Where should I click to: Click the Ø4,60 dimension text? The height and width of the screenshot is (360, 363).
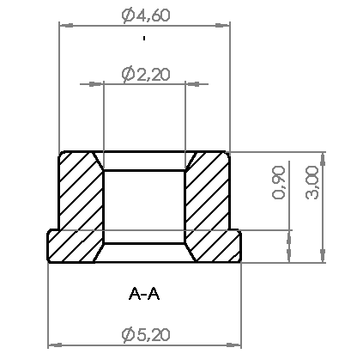click(x=144, y=15)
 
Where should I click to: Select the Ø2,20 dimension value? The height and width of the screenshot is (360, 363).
click(x=146, y=75)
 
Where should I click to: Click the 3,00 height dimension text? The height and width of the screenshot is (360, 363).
click(x=312, y=183)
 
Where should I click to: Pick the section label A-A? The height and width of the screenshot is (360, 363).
click(x=144, y=294)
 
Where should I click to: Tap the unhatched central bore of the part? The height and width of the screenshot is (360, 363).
click(x=144, y=206)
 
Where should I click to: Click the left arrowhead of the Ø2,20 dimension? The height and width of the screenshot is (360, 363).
click(x=96, y=84)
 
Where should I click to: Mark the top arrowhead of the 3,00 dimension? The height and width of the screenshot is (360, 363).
click(x=323, y=158)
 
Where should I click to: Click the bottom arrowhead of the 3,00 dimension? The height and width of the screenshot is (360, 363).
click(x=323, y=256)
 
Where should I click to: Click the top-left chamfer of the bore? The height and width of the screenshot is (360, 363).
click(x=97, y=162)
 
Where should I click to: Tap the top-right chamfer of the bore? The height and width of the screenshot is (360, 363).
click(x=191, y=162)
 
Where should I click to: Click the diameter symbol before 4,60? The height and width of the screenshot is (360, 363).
click(x=127, y=15)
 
